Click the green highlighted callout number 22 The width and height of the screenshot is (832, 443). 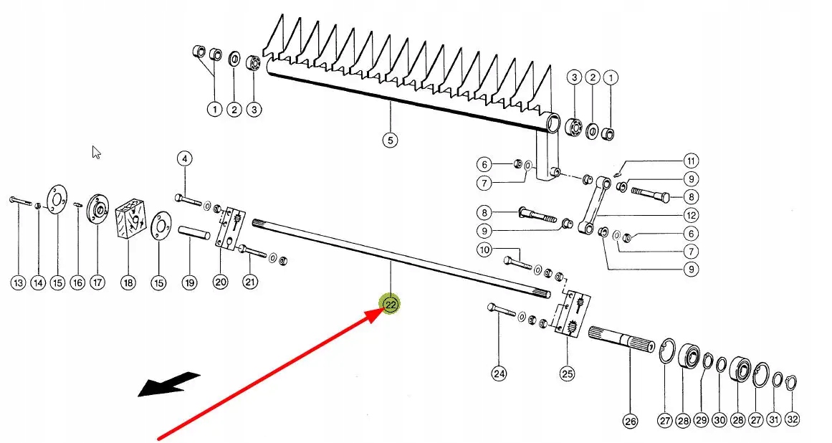tap(391, 304)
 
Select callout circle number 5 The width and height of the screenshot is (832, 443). tap(389, 140)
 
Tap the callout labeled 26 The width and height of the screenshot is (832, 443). tap(630, 421)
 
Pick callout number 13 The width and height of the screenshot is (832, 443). tap(17, 283)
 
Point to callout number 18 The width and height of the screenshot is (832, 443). tap(128, 282)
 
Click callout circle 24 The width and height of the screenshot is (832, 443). tap(499, 373)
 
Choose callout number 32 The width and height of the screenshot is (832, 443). tap(792, 419)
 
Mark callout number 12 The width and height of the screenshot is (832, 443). tap(691, 215)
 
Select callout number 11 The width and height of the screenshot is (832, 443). tap(691, 161)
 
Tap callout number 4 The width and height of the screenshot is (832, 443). tap(184, 158)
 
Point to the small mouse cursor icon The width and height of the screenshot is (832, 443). tap(97, 152)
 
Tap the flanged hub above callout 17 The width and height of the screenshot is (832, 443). tap(96, 211)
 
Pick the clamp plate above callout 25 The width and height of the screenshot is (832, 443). tap(571, 314)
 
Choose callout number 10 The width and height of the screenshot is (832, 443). tap(485, 250)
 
